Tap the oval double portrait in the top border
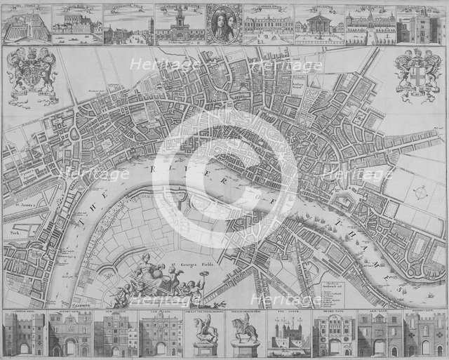pos(224,25)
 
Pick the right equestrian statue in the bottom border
pos(243,335)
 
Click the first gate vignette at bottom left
pos(23,335)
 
